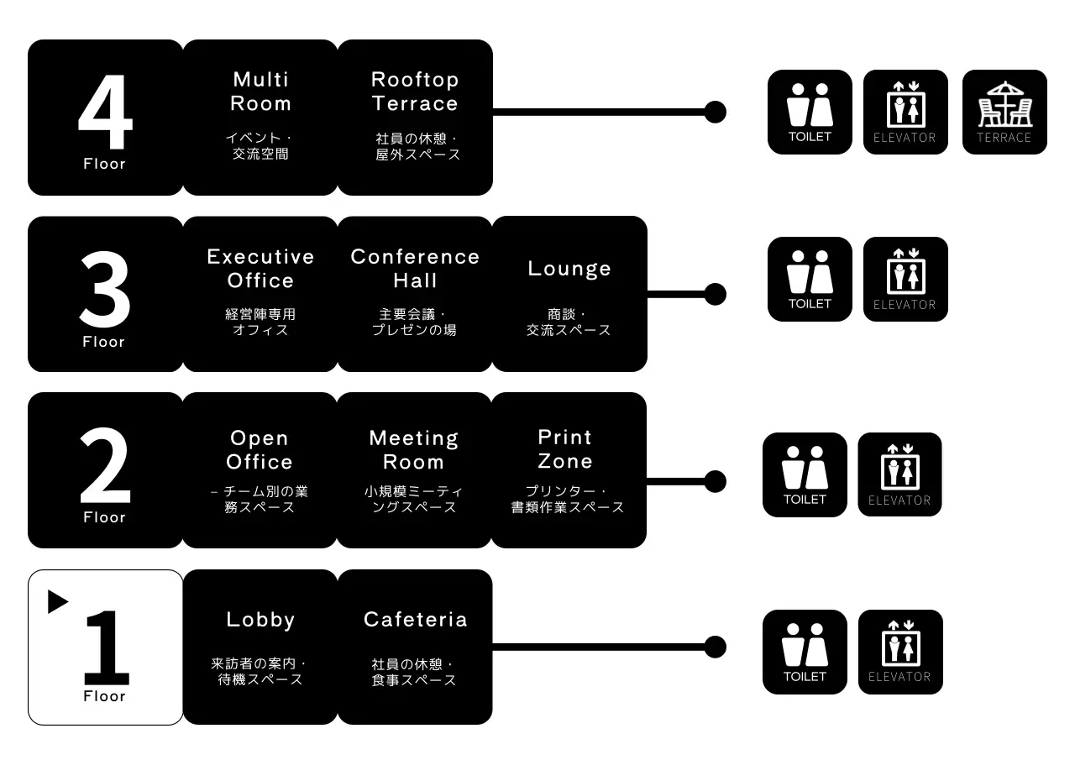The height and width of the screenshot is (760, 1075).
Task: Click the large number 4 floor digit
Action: [x=105, y=113]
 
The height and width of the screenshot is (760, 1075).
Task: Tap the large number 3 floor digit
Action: [x=105, y=291]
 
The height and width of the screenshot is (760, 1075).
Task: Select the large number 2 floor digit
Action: [x=105, y=467]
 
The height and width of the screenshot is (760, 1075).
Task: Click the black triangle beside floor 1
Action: [x=57, y=601]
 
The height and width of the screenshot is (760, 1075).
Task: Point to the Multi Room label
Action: [x=260, y=92]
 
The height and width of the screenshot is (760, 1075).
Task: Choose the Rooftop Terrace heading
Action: [x=415, y=92]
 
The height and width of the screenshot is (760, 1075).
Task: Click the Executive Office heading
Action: [x=260, y=269]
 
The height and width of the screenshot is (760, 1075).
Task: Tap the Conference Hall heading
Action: [x=415, y=269]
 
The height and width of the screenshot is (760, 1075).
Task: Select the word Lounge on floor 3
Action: [x=569, y=269]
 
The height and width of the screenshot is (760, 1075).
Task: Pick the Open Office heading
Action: [x=260, y=450]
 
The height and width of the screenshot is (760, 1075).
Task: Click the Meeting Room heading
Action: [x=414, y=450]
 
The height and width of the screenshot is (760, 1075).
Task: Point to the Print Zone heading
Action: [x=565, y=449]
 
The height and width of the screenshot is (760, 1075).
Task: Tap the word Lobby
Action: [x=260, y=620]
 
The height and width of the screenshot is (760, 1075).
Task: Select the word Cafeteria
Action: [x=415, y=620]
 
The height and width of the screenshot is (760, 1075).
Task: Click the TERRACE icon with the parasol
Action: [x=1004, y=112]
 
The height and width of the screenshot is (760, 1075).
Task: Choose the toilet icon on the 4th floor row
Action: [x=810, y=112]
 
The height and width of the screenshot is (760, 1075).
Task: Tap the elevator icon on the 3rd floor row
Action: [x=905, y=279]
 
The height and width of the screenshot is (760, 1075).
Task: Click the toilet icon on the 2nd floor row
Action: [x=805, y=474]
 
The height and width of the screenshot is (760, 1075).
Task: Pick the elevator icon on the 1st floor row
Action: [x=900, y=652]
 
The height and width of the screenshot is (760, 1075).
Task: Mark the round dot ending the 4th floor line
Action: [x=715, y=112]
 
